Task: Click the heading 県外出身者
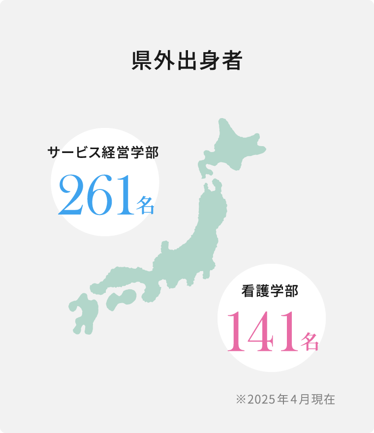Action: pos(187,61)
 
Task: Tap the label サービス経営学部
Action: pos(103,152)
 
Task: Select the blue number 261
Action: pos(95,195)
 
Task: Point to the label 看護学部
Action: pos(270,291)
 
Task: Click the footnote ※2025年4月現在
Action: pos(285,399)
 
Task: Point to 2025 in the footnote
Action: pos(261,399)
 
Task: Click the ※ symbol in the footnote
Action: pos(241,399)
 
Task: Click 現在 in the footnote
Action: pos(323,399)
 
